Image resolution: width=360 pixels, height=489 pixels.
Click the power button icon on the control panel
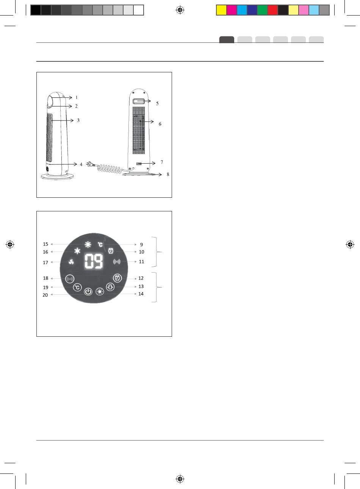[88, 292]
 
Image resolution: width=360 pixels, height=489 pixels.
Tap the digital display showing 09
[94, 261]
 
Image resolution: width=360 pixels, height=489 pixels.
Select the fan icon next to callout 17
[71, 262]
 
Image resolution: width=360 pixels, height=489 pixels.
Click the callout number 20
[45, 295]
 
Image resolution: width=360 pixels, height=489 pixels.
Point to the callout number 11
[142, 261]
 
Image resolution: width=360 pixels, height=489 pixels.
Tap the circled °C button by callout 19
[77, 287]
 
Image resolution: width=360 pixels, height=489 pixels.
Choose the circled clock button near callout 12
[117, 278]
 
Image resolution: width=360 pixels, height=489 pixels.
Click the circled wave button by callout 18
[70, 279]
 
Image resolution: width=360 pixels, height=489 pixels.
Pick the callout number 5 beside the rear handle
[157, 103]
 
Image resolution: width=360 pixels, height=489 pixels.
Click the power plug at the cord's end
[89, 164]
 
